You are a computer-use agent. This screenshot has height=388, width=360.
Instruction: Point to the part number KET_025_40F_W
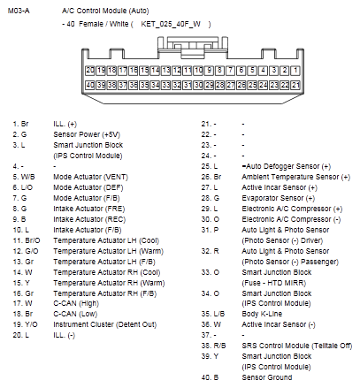[174, 24]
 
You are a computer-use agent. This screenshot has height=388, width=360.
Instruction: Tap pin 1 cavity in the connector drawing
[297, 69]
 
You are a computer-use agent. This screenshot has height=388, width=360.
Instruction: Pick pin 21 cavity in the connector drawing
[297, 85]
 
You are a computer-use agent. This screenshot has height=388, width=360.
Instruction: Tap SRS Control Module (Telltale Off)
[289, 346]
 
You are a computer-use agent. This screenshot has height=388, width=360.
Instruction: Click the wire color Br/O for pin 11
[32, 240]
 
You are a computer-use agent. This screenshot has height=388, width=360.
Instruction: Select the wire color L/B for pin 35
[218, 314]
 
